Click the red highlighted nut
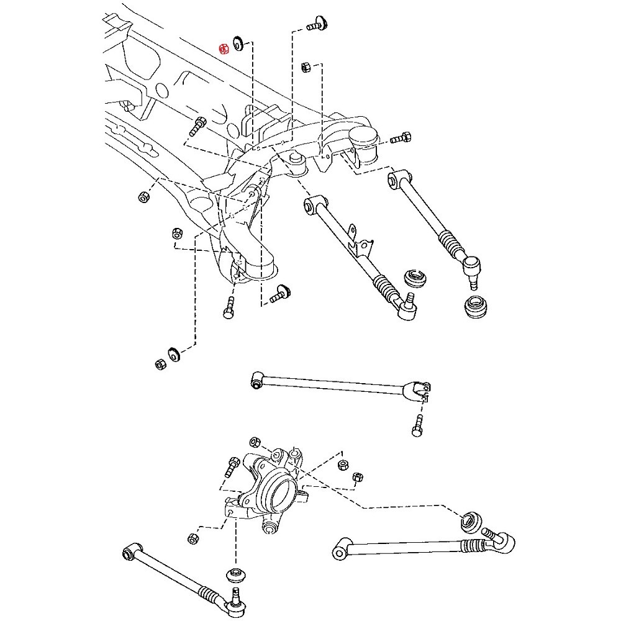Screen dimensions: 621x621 [225, 48]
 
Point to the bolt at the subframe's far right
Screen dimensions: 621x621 [402, 137]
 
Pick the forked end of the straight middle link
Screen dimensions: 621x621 [419, 389]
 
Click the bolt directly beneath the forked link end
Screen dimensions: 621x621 [417, 427]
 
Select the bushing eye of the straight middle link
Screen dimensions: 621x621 [256, 379]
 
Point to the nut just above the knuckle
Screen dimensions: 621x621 [254, 443]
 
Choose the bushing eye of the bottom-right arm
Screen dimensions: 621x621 [340, 550]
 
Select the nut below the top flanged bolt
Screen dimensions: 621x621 [305, 66]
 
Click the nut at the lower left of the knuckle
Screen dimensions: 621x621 [193, 538]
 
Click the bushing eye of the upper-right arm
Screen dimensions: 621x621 [394, 179]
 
